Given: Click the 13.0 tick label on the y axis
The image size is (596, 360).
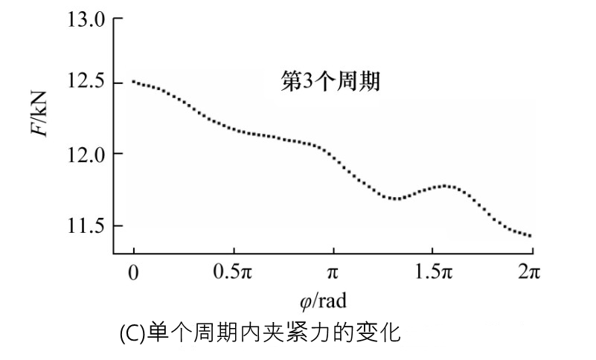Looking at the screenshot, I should point(83,19).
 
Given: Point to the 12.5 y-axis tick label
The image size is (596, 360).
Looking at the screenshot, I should point(83,83).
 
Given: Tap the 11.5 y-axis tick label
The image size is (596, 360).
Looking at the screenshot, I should point(83,225).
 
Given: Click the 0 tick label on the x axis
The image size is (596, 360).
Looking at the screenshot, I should point(133,273).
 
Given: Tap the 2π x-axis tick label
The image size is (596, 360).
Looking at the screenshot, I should point(529,273).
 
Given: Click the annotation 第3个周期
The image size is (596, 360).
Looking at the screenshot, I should point(330,81).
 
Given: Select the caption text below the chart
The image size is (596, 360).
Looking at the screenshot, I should point(260,332).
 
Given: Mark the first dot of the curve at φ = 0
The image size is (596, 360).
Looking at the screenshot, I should point(133,81).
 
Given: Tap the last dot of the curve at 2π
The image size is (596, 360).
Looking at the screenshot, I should point(531,237).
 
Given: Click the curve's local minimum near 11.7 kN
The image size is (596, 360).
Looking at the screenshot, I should point(395,199).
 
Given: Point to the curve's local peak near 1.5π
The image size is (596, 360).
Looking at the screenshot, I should point(446,185).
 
